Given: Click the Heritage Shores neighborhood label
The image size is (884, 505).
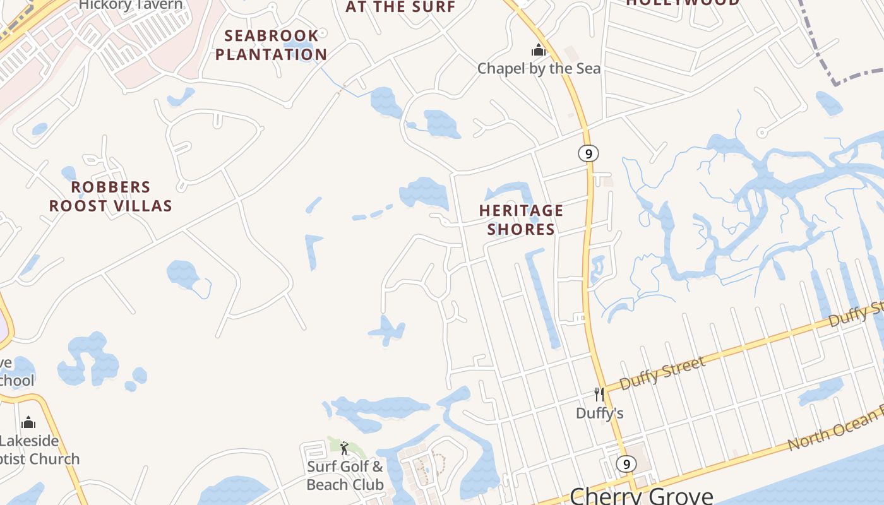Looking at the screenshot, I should tap(520, 220).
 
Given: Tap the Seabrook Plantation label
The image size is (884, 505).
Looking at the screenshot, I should tap(271, 45).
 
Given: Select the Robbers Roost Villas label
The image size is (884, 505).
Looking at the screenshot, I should tap(110, 196).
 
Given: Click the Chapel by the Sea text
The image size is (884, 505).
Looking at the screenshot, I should tap(539, 68).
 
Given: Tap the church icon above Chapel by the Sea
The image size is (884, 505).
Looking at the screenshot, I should tap(538, 50).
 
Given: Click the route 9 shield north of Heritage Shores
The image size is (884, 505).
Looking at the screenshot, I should tap(588, 153).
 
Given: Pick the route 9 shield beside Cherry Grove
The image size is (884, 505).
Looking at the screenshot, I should tap(626, 464).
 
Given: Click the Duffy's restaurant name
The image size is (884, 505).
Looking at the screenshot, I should tap(599, 413).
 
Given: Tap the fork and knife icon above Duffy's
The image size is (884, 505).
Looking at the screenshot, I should tap(599, 395).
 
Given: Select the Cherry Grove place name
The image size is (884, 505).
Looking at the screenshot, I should tap(641, 495).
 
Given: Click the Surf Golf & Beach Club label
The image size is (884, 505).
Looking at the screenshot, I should tap(345, 475).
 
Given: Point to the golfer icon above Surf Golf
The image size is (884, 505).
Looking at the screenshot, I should tap(344, 448).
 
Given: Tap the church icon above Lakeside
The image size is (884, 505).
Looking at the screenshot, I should tap(28, 422).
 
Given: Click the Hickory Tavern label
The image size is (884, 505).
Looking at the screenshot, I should tap(131, 5).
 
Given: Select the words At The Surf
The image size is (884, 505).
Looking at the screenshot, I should tap(400, 7).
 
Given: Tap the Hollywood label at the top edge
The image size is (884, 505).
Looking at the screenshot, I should tap(683, 3).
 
